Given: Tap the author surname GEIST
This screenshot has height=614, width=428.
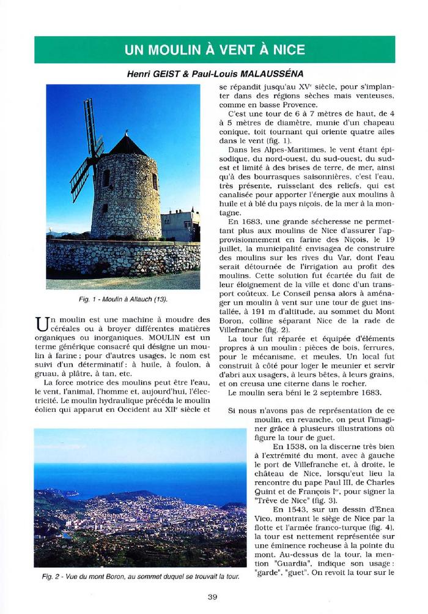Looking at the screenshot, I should [161, 73].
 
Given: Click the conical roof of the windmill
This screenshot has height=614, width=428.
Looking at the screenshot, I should [127, 146].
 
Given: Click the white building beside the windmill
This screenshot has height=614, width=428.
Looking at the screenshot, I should [180, 225].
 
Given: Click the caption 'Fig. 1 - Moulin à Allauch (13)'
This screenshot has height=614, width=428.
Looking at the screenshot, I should [123, 299].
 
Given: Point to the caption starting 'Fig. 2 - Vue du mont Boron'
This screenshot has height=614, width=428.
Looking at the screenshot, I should [136, 577].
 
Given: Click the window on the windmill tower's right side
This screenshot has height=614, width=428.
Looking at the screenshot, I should [155, 181].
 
